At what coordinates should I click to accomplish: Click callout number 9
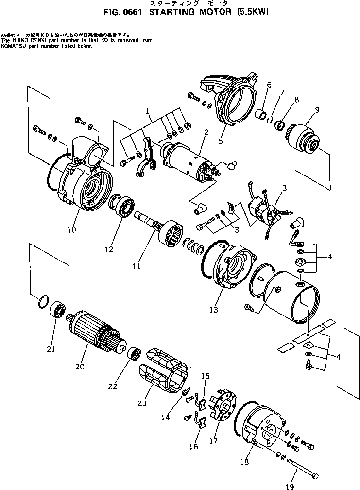(317, 110)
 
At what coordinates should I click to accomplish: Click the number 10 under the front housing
(71, 230)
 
